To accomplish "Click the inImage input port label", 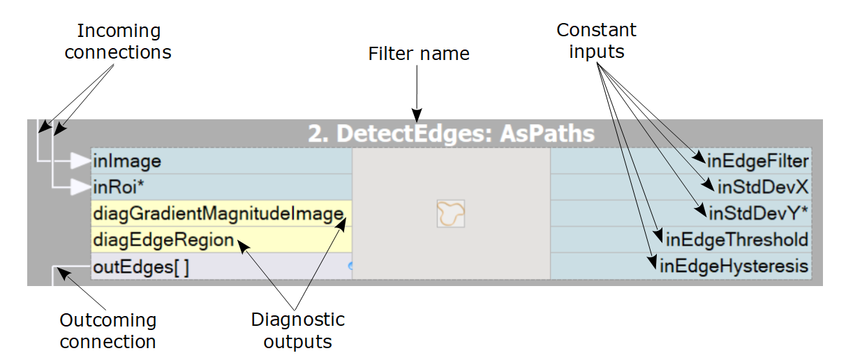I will [x=127, y=162].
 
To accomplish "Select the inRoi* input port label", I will [x=118, y=187].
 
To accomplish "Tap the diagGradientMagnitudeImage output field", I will [x=218, y=213].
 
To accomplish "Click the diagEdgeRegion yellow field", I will [x=163, y=240].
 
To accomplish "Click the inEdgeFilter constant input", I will [x=757, y=162].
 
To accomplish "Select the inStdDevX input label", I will [x=762, y=187].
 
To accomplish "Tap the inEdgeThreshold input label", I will [x=737, y=240].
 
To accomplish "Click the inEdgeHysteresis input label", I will [x=734, y=266].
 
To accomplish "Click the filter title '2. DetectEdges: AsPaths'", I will [x=452, y=134].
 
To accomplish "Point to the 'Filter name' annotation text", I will [x=419, y=54].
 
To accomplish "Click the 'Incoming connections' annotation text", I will [x=118, y=42].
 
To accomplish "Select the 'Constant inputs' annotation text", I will [x=596, y=40].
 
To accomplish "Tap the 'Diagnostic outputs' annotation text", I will [x=298, y=331].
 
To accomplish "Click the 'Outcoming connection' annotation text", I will [x=107, y=331].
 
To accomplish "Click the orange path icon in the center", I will [x=451, y=213].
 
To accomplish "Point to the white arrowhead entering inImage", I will [x=80, y=162].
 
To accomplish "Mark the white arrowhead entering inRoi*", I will [x=80, y=187].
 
